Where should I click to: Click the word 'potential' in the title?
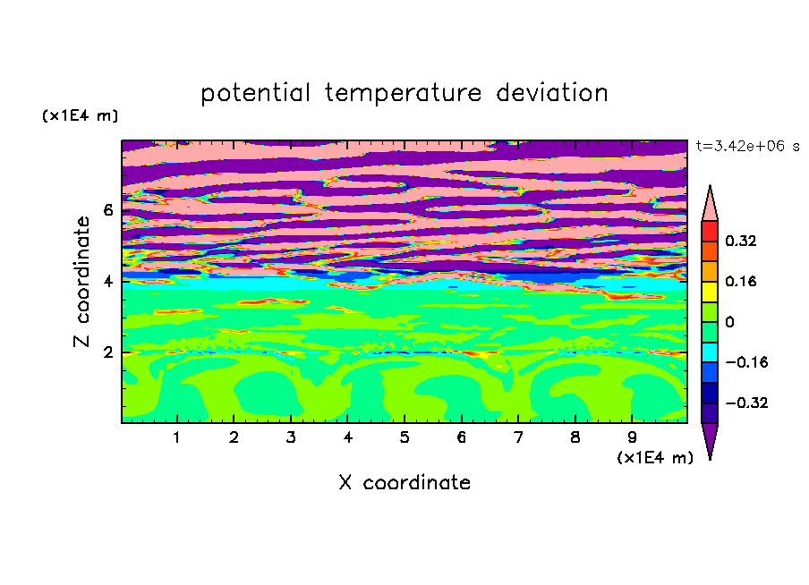[x=255, y=94]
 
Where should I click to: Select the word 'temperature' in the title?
[x=404, y=93]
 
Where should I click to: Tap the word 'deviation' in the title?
[x=552, y=93]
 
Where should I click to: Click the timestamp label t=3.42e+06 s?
[x=747, y=146]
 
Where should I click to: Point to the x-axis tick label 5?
[x=404, y=437]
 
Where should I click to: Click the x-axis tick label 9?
[x=632, y=437]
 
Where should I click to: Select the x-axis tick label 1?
[x=176, y=437]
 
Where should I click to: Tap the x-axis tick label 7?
[x=518, y=437]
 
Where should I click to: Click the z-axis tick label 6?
[x=107, y=210]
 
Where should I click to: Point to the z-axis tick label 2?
[x=107, y=352]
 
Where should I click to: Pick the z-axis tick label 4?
[x=107, y=281]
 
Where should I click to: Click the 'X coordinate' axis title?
[x=404, y=482]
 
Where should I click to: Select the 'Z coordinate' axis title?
[x=82, y=281]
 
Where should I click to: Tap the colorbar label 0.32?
[x=740, y=241]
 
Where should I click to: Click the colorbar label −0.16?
[x=746, y=362]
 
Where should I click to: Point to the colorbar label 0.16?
[x=740, y=281]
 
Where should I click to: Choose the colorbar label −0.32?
[x=746, y=403]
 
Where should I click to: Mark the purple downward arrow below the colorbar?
[x=710, y=438]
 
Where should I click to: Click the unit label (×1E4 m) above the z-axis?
[x=80, y=115]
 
